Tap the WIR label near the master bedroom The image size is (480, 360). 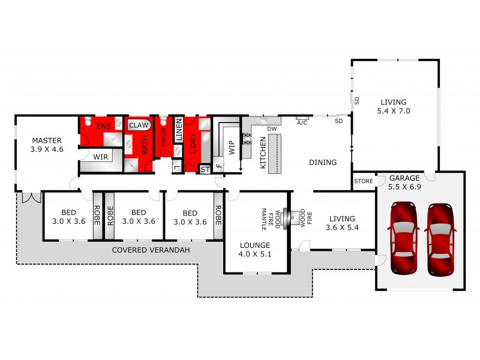coord(100,156)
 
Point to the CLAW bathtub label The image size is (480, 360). coord(139,125)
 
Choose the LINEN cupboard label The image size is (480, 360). coord(179,130)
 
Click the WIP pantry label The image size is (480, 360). coord(230,148)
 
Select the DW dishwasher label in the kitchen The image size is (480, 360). coord(271,128)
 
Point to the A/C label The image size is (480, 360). coord(302,122)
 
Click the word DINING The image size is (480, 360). coord(323,162)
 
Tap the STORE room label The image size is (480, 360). coord(363,181)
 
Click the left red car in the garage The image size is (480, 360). coord(404,238)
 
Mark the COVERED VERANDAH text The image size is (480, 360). coord(151,250)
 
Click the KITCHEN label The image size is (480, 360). coord(263,152)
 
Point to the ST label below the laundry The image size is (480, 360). coord(205,170)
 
